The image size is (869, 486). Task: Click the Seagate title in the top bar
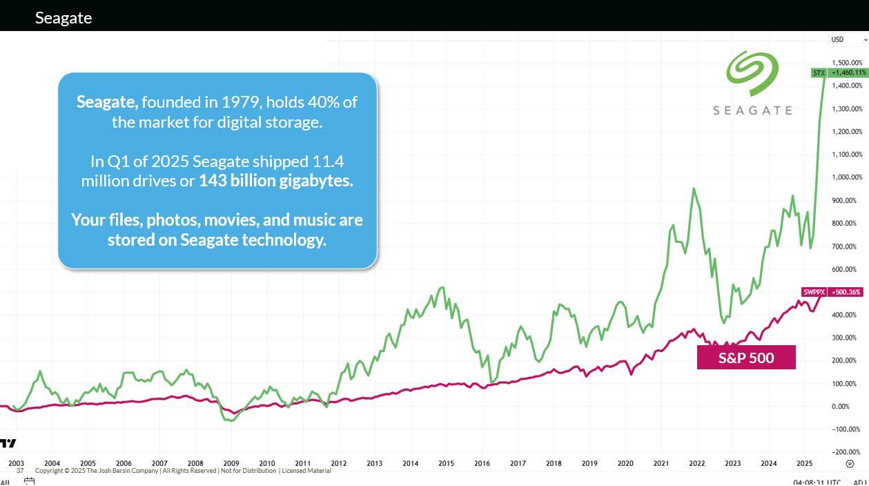(64, 18)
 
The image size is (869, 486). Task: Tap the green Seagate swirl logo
(752, 72)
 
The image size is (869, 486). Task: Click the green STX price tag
(819, 72)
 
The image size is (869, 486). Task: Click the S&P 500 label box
(746, 358)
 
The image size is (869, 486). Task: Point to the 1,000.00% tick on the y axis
(847, 177)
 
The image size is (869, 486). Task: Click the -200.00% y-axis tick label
(847, 452)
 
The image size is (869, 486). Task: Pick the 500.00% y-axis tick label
(847, 292)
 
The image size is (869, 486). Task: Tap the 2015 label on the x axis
(446, 464)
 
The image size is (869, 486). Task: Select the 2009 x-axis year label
(231, 464)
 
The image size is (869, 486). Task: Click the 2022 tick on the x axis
(697, 464)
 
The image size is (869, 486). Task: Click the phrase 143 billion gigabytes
(276, 182)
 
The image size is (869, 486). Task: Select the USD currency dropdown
(848, 39)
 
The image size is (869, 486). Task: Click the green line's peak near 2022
(694, 188)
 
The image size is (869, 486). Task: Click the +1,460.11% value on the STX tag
(848, 72)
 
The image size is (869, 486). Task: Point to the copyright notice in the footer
(183, 471)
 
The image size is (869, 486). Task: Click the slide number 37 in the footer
(20, 471)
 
